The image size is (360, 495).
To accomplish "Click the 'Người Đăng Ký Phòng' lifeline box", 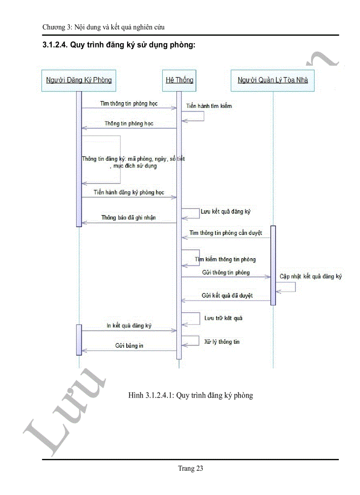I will click(79, 80).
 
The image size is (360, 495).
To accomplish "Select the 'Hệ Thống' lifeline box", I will click(179, 80).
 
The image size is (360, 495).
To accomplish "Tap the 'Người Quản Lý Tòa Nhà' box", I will click(273, 80).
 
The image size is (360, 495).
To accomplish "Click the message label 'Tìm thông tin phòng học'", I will click(129, 104).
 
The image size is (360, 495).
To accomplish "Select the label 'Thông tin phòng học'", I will click(129, 124).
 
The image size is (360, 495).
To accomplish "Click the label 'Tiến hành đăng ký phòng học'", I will click(129, 193).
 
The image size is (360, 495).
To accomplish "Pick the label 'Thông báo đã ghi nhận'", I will click(128, 218).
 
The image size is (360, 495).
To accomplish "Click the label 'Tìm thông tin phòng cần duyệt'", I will click(226, 233).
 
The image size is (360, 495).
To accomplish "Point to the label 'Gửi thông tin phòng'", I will click(226, 272).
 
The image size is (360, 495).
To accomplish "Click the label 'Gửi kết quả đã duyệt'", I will click(227, 295).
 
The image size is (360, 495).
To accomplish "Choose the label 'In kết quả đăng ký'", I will click(129, 325).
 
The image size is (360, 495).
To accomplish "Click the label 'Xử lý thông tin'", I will click(222, 342).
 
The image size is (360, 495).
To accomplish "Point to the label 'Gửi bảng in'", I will click(129, 346).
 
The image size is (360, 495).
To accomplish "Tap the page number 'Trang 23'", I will click(191, 469).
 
